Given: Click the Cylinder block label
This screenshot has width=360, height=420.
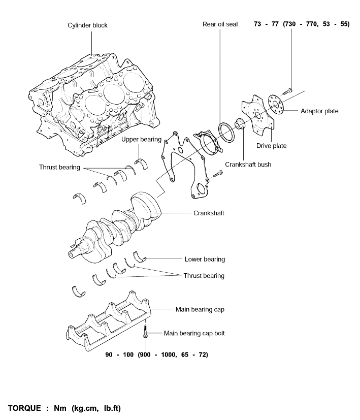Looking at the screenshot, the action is pyautogui.click(x=87, y=25).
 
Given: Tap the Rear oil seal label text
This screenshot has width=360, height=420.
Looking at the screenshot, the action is pyautogui.click(x=220, y=24).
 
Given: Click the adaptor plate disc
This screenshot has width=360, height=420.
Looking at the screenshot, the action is pyautogui.click(x=276, y=104).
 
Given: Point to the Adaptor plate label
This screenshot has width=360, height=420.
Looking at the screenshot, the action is pyautogui.click(x=319, y=111).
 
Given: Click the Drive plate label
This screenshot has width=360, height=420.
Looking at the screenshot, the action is pyautogui.click(x=271, y=146).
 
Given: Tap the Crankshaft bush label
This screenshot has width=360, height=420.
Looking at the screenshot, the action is pyautogui.click(x=248, y=164).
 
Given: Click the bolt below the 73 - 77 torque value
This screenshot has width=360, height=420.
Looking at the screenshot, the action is pyautogui.click(x=287, y=91).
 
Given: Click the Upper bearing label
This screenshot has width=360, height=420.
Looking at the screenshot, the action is pyautogui.click(x=142, y=139).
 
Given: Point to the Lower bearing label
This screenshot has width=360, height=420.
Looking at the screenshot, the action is pyautogui.click(x=205, y=260).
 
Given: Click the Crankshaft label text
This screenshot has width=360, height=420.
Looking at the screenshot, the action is pyautogui.click(x=209, y=213).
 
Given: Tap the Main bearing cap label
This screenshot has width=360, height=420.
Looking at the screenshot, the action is pyautogui.click(x=200, y=309).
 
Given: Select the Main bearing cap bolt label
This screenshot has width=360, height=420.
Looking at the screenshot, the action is pyautogui.click(x=194, y=333).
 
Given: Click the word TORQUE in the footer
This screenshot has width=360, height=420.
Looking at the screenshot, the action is pyautogui.click(x=24, y=408).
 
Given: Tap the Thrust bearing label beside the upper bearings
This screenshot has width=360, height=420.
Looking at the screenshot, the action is pyautogui.click(x=59, y=167).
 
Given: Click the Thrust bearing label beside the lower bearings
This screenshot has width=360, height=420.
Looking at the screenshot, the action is pyautogui.click(x=204, y=276).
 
